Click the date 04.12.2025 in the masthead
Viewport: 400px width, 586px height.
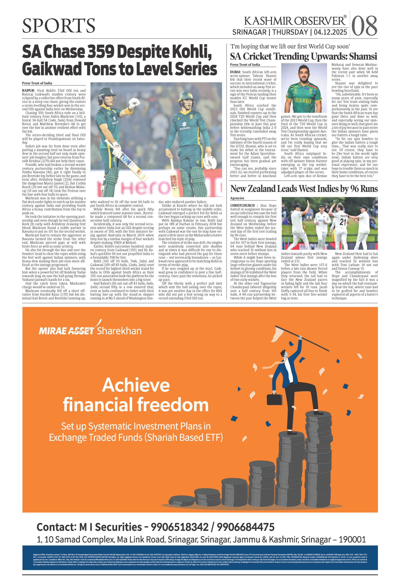[x=330, y=32]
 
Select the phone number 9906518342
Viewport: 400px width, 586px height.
[x=179, y=527]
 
